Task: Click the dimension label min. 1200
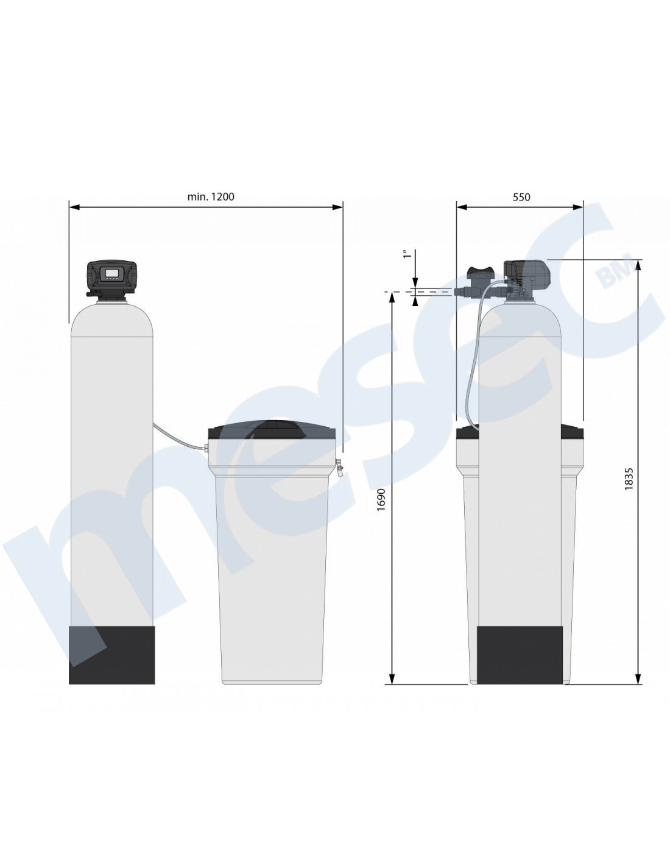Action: [x=211, y=197]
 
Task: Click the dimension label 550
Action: [x=521, y=197]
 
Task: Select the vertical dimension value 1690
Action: [x=381, y=499]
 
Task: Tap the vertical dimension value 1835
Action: [x=629, y=479]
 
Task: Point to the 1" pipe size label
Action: [x=406, y=254]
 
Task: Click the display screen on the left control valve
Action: [x=110, y=273]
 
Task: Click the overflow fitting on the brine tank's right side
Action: [x=339, y=466]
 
